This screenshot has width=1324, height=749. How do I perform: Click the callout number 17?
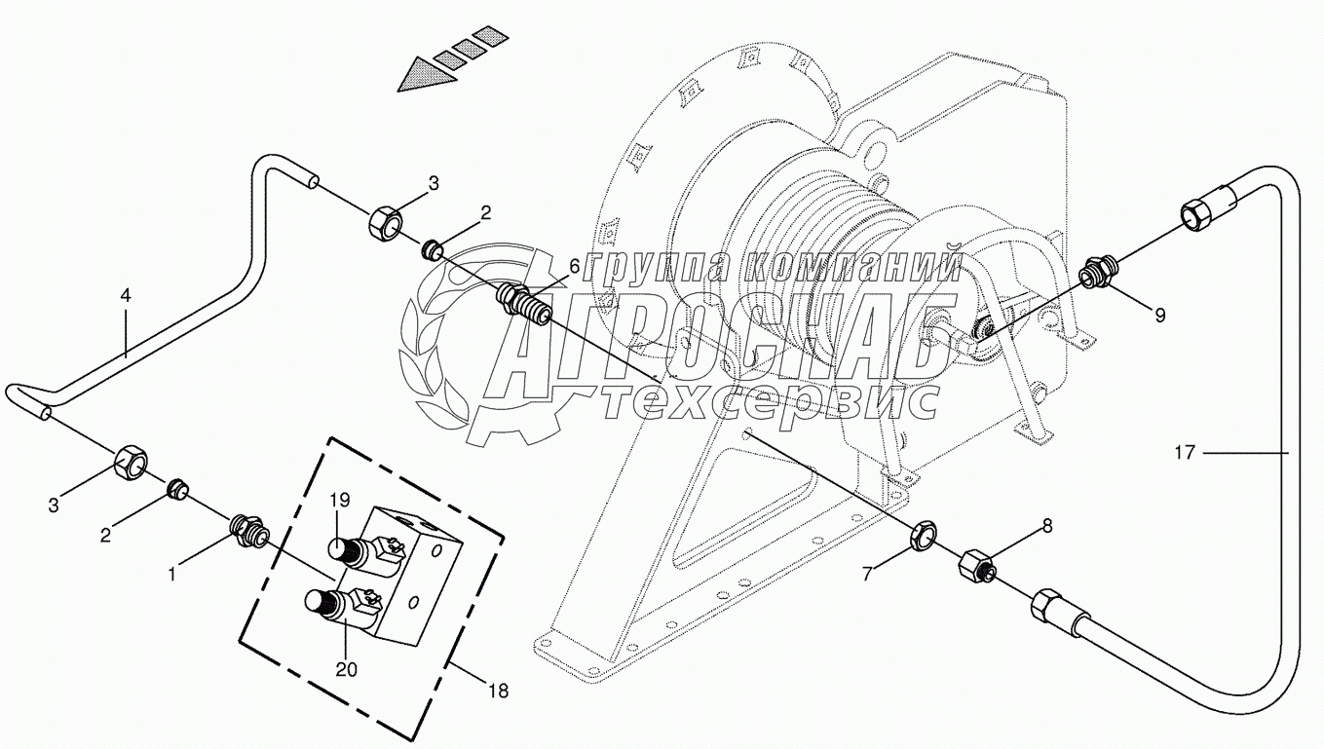pos(1185,452)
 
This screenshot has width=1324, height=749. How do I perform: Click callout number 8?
pos(1047,526)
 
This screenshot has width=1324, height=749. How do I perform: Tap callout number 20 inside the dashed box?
pos(348,669)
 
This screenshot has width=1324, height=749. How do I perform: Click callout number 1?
pos(171,575)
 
